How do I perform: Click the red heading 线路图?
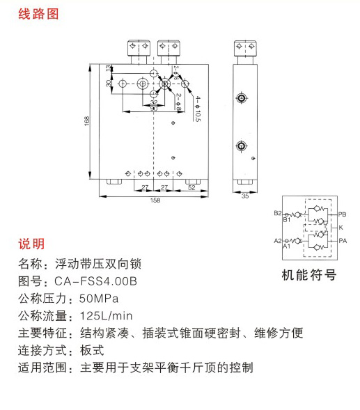tap(38, 14)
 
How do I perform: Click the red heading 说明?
tap(31, 244)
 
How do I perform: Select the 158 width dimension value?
tap(155, 200)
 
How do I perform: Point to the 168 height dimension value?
tap(87, 121)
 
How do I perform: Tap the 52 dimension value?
tap(191, 187)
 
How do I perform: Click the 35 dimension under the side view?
tap(245, 196)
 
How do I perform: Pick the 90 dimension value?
tap(154, 109)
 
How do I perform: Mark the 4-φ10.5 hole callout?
tap(198, 109)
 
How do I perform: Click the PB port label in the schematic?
tap(342, 214)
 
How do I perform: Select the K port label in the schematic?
tap(341, 228)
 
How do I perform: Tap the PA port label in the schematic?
tap(343, 241)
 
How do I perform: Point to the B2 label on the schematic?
tap(278, 213)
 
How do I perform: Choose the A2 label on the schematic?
tap(278, 241)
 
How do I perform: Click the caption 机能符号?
tap(308, 275)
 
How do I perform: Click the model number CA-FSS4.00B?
tap(96, 281)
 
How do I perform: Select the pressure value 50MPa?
tap(99, 299)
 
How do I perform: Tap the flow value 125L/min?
tap(107, 316)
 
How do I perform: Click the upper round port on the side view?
tap(242, 98)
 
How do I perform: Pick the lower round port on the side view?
tap(242, 145)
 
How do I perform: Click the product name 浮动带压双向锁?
tap(98, 264)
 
